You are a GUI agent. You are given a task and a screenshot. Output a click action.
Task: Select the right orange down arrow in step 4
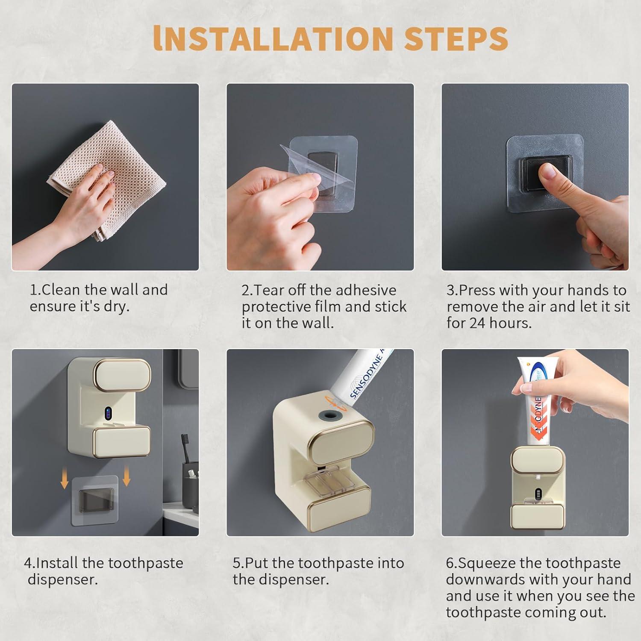coord(126,477)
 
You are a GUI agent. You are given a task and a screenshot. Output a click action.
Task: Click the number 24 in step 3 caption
coord(478,323)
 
